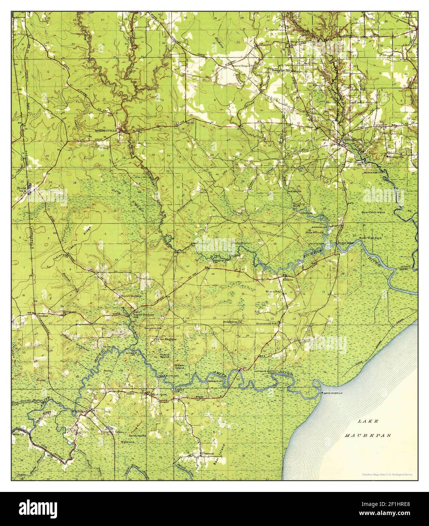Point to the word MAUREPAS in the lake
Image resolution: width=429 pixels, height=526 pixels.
(x=368, y=436)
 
